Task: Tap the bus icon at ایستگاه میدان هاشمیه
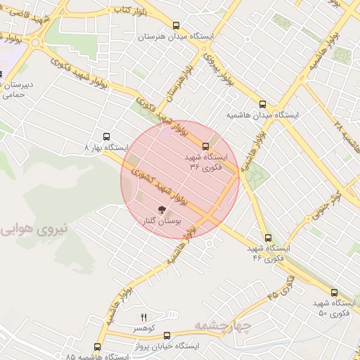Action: point(262,103)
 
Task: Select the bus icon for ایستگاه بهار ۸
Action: point(106,137)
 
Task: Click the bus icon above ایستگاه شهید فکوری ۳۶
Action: point(205,146)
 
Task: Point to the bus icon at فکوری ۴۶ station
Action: point(267,238)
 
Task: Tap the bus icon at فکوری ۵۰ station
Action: point(333,293)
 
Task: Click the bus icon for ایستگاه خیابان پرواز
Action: point(167,335)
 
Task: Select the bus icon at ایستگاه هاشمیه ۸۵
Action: point(97,347)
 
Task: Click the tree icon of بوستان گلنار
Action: point(162,210)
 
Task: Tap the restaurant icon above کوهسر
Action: point(144,317)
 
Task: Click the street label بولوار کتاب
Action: point(130,10)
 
